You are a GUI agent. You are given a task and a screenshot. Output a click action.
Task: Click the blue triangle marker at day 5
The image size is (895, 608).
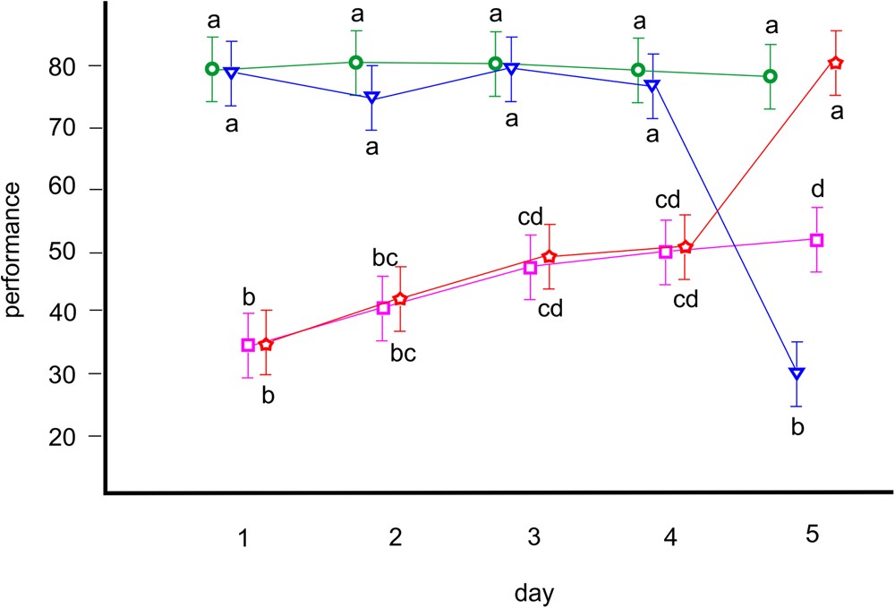(797, 373)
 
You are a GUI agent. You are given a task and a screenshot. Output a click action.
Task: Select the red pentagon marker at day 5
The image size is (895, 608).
(836, 63)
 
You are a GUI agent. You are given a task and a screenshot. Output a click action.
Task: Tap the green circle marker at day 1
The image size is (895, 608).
(212, 69)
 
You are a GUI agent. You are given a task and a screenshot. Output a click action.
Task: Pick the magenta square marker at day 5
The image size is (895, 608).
(816, 240)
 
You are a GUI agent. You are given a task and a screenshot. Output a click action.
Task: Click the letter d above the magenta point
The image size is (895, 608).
(817, 189)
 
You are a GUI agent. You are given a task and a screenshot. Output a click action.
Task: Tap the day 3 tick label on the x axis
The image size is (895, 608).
(533, 538)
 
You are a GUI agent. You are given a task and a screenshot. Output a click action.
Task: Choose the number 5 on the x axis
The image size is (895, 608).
(813, 535)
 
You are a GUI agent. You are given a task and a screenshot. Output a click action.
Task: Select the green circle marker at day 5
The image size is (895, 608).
(770, 76)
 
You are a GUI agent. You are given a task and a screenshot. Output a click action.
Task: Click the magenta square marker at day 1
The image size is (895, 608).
(249, 345)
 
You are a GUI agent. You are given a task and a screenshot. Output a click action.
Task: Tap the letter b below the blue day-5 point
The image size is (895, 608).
(798, 427)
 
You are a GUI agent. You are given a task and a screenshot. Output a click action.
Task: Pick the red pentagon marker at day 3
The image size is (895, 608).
(550, 257)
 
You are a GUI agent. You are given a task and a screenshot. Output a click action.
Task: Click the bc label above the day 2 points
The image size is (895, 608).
(385, 259)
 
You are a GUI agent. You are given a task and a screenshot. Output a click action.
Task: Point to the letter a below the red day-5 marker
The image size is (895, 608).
(839, 112)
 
